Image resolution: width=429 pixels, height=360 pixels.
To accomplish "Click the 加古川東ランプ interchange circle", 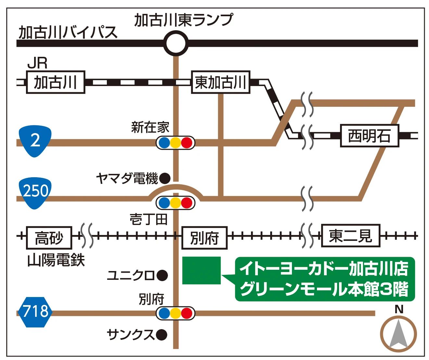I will click(x=176, y=43).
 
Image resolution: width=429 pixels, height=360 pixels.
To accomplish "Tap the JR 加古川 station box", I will click(x=55, y=82).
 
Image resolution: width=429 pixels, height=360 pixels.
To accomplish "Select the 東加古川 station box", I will click(x=221, y=82).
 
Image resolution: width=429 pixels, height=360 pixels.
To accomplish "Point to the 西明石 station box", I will click(x=369, y=136).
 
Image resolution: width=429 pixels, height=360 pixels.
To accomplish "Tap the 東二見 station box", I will click(x=350, y=236).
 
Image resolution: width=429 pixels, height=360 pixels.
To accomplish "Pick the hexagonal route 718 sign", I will click(x=35, y=312).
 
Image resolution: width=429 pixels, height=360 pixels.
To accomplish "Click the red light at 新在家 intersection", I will click(x=187, y=143).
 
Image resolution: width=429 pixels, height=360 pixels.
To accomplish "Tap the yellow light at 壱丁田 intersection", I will click(x=175, y=203).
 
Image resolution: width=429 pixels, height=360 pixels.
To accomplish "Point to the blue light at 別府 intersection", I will click(x=164, y=313).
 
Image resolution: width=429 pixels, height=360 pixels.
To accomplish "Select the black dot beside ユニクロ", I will click(x=162, y=276).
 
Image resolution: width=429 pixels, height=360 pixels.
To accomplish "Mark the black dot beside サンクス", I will click(x=161, y=334).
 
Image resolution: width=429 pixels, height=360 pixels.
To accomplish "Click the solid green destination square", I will click(x=201, y=270).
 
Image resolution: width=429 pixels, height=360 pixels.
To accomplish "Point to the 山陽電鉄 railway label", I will click(x=56, y=260).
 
